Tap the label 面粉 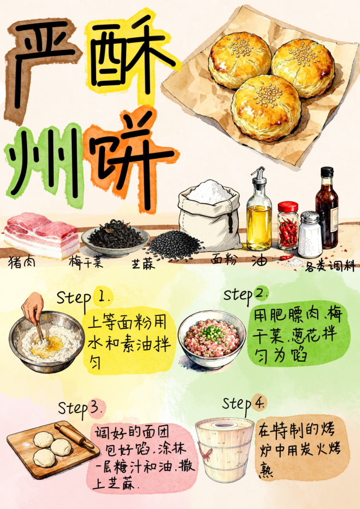[224, 260]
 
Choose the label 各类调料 [330, 267]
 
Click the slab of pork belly [41, 234]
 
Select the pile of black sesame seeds [174, 245]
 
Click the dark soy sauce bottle [327, 208]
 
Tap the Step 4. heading [244, 404]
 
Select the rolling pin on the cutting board [74, 436]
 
